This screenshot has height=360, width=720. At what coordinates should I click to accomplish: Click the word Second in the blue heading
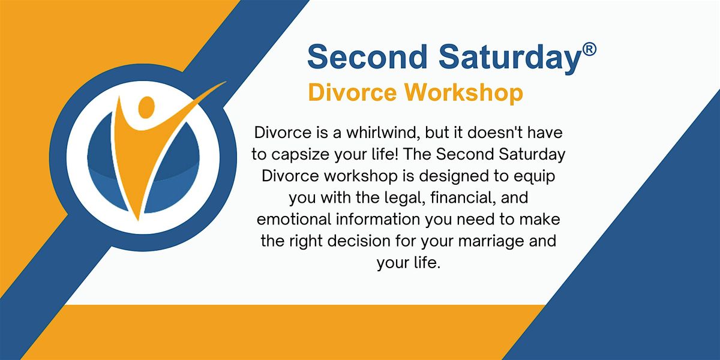(367, 57)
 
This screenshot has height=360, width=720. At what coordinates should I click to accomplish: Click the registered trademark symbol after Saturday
(589, 50)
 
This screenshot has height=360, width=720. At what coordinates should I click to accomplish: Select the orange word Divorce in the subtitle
(352, 92)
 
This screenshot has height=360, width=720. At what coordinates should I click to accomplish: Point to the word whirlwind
(383, 133)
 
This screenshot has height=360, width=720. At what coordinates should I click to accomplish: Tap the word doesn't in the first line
(496, 133)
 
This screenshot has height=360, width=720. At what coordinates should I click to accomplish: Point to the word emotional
(294, 220)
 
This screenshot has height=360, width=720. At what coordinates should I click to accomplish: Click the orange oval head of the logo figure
(146, 107)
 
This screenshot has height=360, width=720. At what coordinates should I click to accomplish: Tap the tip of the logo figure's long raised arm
(226, 82)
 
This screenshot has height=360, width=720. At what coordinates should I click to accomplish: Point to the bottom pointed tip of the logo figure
(138, 220)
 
